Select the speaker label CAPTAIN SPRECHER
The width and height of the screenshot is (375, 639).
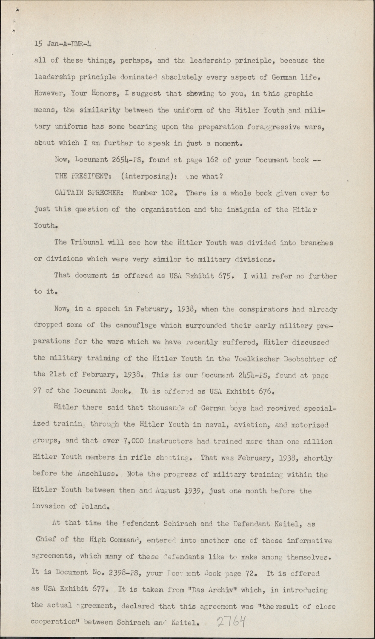tap(89, 193)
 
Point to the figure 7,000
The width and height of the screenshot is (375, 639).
tap(142, 441)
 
